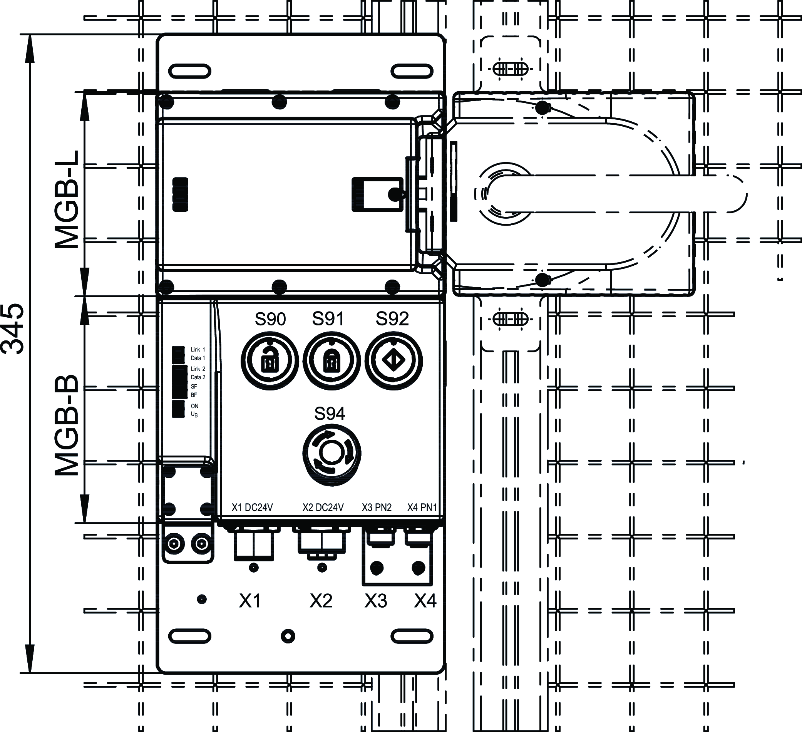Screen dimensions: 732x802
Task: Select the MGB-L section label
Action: tap(67, 200)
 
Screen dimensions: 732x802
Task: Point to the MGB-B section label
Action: tap(67, 425)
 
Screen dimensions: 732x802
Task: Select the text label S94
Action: tap(330, 414)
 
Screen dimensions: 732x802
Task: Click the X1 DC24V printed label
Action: tap(252, 507)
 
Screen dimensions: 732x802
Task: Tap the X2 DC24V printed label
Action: tap(323, 507)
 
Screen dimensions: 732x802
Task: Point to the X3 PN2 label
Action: tap(376, 507)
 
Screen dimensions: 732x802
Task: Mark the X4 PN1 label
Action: tap(422, 507)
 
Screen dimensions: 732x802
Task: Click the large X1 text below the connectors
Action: tap(250, 601)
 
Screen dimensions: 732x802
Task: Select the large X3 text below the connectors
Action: tap(376, 601)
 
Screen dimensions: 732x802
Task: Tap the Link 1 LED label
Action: tap(198, 350)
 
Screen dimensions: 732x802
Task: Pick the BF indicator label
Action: tap(194, 395)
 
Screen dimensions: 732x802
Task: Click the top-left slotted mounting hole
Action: tap(190, 71)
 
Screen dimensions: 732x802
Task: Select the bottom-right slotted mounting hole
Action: tap(412, 636)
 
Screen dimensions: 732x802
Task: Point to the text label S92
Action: tap(392, 319)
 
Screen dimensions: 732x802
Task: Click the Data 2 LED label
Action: tap(198, 377)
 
